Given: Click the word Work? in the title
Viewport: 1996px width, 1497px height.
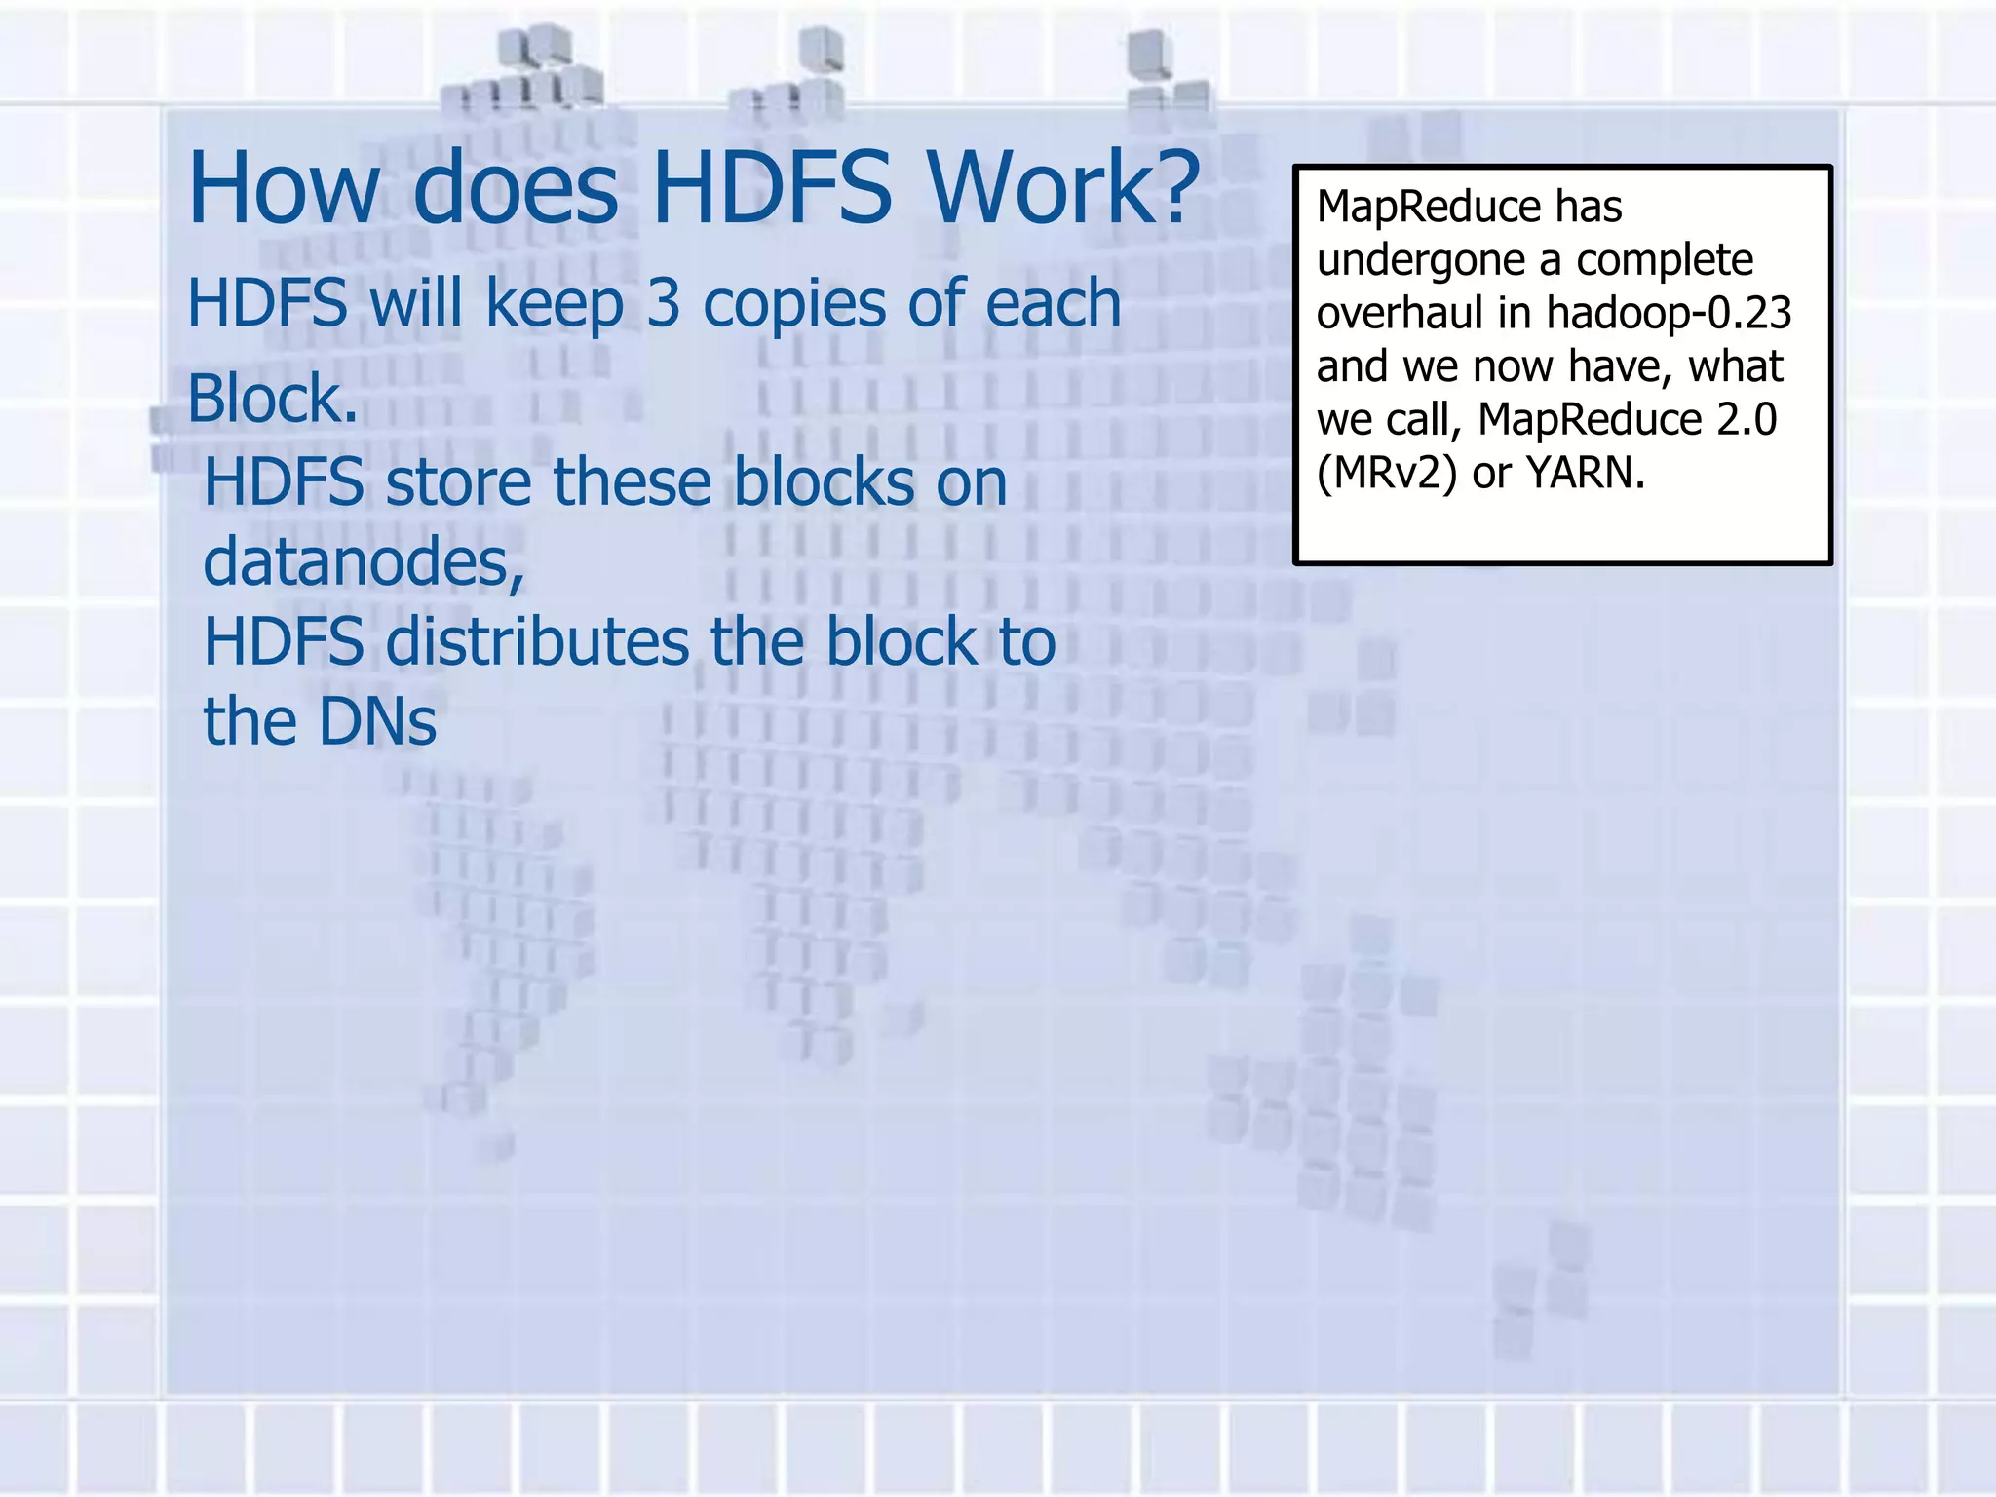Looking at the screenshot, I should [x=1062, y=187].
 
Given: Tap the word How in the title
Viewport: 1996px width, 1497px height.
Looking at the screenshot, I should [x=284, y=187].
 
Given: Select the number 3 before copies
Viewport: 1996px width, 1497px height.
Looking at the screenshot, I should [x=663, y=303].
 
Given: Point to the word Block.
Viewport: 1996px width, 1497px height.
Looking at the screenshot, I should [x=272, y=399].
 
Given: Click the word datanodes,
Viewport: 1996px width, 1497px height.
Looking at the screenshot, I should [x=364, y=562].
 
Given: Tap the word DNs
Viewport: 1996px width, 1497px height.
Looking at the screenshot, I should [x=377, y=722].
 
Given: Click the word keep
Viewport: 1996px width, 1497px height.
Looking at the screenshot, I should [x=554, y=305].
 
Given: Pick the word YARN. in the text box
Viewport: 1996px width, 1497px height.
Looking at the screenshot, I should [x=1586, y=474].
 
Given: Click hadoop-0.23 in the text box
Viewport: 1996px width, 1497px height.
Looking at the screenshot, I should [x=1669, y=313].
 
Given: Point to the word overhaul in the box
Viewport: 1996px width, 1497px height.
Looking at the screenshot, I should [x=1399, y=313].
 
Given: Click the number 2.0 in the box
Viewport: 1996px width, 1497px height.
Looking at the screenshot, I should [x=1746, y=420].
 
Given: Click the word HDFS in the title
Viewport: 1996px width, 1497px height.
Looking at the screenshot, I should [x=771, y=187].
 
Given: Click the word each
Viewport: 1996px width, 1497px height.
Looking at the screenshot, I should [x=1054, y=303].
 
